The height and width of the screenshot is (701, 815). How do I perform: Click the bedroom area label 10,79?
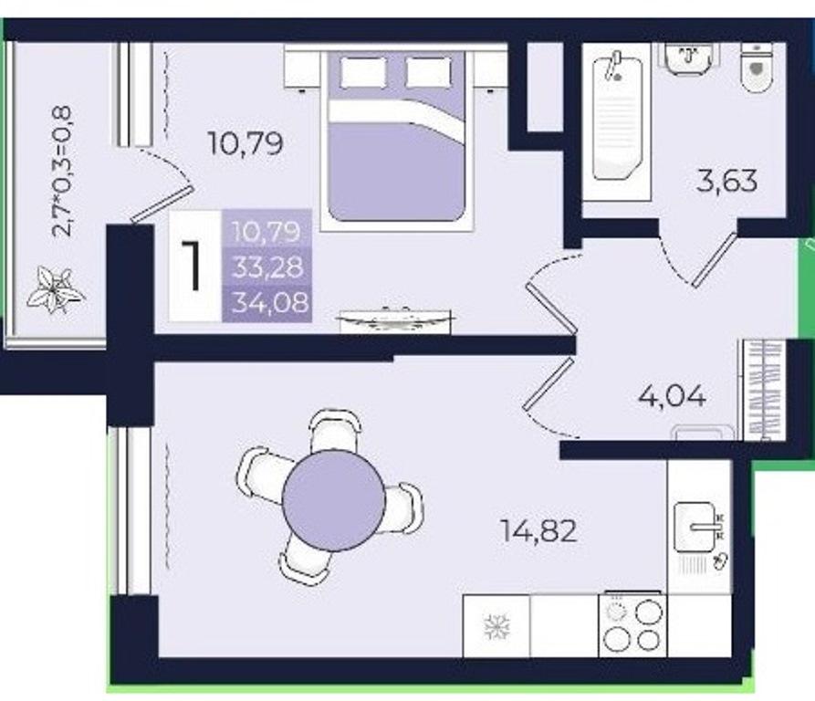tap(246, 143)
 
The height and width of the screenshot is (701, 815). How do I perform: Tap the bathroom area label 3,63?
tap(726, 181)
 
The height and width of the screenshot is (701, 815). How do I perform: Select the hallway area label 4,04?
tap(672, 396)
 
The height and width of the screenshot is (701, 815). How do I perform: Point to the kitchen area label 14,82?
tap(538, 531)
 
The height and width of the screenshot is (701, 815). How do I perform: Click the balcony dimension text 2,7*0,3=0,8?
tap(64, 172)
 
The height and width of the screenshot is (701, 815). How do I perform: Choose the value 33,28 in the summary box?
tap(267, 267)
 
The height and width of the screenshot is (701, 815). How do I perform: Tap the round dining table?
tap(334, 501)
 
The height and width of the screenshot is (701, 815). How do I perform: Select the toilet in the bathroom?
tap(757, 67)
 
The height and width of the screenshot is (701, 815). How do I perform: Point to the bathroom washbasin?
tap(689, 58)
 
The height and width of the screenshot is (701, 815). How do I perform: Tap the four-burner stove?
tap(632, 624)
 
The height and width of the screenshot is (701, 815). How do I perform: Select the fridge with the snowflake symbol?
tap(496, 625)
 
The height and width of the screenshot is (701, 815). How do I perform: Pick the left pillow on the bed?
tap(364, 72)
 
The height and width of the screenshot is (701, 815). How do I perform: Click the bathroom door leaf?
tap(716, 259)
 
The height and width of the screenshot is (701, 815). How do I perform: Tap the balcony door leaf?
tap(162, 204)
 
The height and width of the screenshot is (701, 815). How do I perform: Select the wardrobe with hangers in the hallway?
tap(764, 390)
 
